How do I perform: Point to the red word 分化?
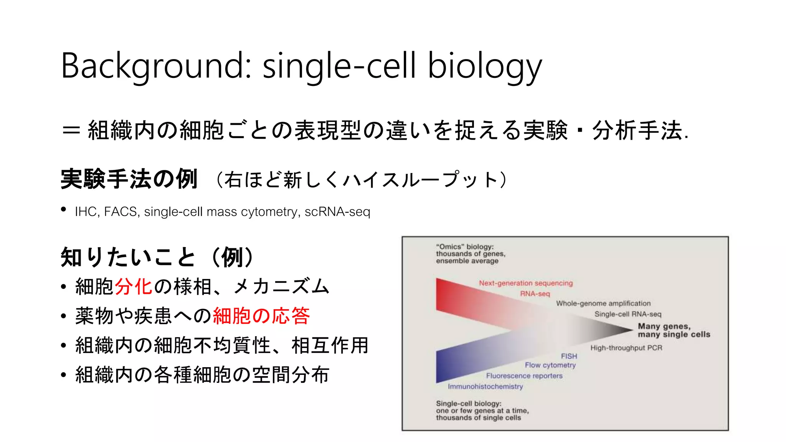pyautogui.click(x=134, y=287)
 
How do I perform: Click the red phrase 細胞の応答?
pyautogui.click(x=261, y=316)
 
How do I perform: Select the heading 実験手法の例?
pyautogui.click(x=129, y=179)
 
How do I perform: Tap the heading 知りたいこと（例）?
pyautogui.click(x=157, y=257)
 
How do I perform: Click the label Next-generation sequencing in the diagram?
pyautogui.click(x=525, y=283)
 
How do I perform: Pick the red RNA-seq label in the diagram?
pyautogui.click(x=535, y=294)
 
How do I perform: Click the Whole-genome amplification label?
pyautogui.click(x=603, y=303)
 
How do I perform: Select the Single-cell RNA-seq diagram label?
pyautogui.click(x=627, y=314)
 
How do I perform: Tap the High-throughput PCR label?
pyautogui.click(x=626, y=348)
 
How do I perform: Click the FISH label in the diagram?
pyautogui.click(x=569, y=356)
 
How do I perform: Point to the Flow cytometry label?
pyautogui.click(x=550, y=365)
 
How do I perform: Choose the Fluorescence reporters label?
pyautogui.click(x=524, y=376)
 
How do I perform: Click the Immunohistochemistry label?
pyautogui.click(x=485, y=387)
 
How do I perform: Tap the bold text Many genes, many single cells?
pyautogui.click(x=674, y=330)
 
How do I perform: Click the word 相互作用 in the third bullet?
pyautogui.click(x=330, y=345)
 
